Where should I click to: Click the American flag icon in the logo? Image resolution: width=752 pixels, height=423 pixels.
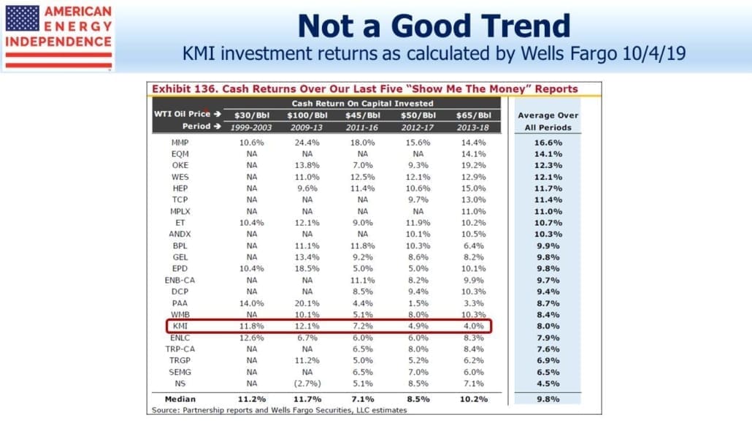coord(22,19)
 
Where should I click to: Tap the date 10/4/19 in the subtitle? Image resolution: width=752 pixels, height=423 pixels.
coord(654,53)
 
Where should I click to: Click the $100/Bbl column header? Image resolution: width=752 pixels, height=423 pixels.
coord(307,115)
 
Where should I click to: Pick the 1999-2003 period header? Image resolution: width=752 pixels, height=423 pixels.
coord(251,127)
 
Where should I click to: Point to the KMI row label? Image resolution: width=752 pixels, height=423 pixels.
coord(180,326)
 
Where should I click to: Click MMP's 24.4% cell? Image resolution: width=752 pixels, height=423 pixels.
coord(307,142)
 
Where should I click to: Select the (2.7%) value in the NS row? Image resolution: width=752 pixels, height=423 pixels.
coord(307,384)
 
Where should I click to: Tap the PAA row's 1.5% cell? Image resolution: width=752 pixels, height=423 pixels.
coord(418,303)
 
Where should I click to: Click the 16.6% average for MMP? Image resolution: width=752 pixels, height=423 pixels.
coord(548,142)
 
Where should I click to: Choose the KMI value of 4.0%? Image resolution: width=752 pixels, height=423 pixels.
coord(473,326)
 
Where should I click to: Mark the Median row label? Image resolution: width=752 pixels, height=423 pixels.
coord(180,399)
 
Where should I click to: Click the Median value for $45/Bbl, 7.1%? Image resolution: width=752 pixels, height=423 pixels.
coord(363,399)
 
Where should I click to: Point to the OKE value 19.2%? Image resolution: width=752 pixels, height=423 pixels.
coord(473,165)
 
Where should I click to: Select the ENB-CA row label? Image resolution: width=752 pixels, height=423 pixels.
coord(180,281)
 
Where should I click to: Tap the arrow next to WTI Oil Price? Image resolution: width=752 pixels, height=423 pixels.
coord(218,114)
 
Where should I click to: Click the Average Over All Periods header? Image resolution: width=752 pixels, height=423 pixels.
coord(548,121)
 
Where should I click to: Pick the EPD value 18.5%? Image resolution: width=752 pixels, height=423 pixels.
coord(307,269)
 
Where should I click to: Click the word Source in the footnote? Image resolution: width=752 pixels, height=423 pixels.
coord(166,410)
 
